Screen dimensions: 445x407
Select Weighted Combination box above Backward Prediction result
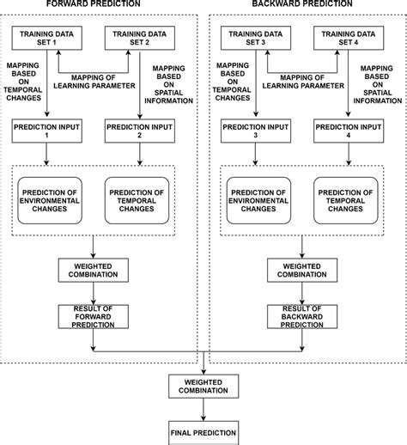point(301,271)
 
